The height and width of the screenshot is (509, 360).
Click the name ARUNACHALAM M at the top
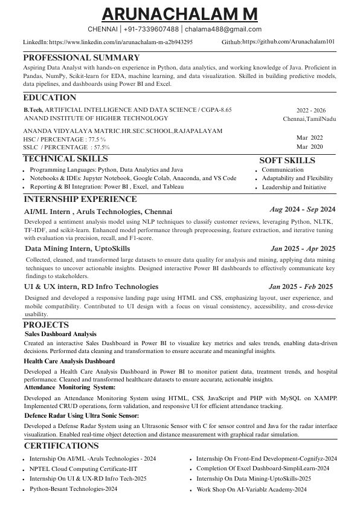point(179,13)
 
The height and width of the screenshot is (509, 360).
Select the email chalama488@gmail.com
point(223,29)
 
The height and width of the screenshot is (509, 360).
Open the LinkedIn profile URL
point(121,42)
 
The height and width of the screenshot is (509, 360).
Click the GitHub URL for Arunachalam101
point(288,42)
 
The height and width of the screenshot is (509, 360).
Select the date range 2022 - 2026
point(310,111)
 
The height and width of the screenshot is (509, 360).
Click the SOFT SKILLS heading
point(287,160)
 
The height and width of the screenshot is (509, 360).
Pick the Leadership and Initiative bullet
point(294,187)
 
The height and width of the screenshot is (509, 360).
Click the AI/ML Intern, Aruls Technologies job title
point(98,212)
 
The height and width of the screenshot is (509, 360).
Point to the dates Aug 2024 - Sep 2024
point(302,209)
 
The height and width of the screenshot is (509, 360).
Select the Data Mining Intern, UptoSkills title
point(77,248)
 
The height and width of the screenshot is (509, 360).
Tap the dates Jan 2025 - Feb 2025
point(301,287)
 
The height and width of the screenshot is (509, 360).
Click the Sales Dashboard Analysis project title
point(60,334)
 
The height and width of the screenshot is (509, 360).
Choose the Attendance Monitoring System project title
point(70,387)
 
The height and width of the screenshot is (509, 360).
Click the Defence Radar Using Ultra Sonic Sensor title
point(82,416)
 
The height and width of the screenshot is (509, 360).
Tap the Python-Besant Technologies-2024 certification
point(73,488)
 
